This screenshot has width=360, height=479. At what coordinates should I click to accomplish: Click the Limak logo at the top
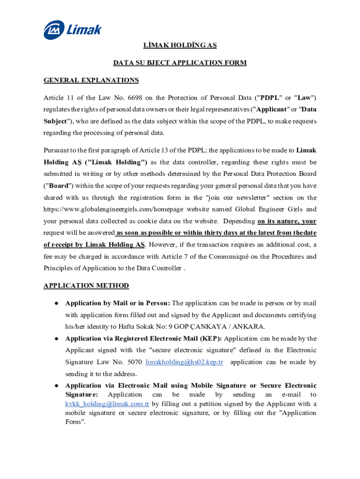(x=72, y=31)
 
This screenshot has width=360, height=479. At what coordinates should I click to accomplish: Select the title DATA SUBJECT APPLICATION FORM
(x=180, y=63)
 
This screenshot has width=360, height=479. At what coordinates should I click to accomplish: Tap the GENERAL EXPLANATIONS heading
(x=91, y=80)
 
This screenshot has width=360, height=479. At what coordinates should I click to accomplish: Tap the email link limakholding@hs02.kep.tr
(x=184, y=362)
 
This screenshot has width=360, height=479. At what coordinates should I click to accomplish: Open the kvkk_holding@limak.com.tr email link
(x=107, y=404)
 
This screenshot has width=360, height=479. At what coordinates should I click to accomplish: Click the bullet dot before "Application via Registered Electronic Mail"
(x=56, y=338)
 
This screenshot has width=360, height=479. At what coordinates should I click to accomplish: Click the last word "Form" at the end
(x=73, y=421)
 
